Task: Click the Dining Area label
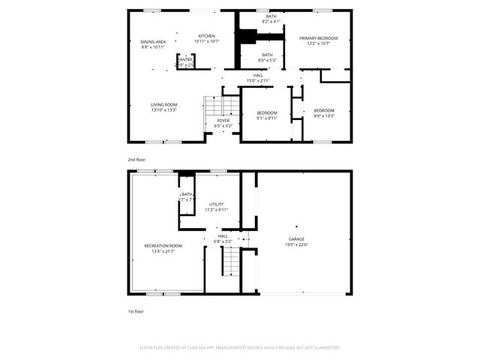(153, 41)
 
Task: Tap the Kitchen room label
(206, 36)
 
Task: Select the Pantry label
(184, 60)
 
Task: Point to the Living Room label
(163, 104)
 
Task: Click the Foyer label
(223, 121)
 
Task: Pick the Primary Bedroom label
(318, 38)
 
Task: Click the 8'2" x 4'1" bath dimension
(271, 21)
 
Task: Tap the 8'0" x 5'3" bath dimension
(267, 59)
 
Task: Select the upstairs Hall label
(258, 75)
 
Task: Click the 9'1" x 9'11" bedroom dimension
(267, 118)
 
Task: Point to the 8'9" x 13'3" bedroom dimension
(324, 115)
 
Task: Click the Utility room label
(217, 204)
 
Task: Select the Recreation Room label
(163, 245)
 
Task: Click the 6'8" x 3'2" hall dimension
(223, 241)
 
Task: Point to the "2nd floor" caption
(136, 160)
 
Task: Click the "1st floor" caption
(135, 310)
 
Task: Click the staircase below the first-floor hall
(232, 262)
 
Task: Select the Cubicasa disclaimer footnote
(240, 348)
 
